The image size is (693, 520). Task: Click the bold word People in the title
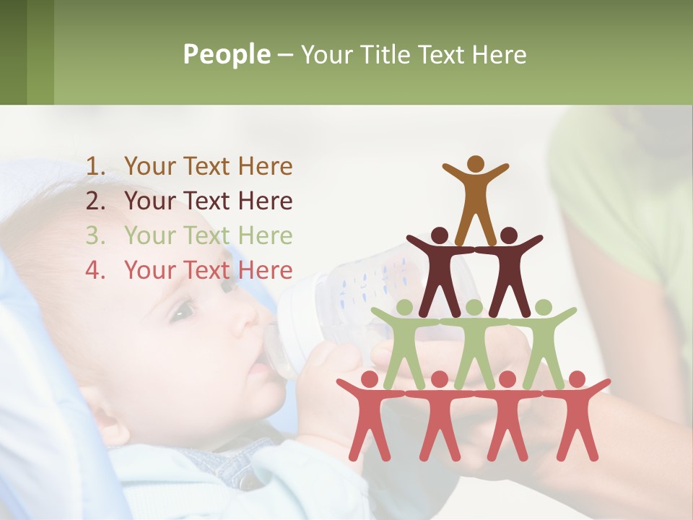(x=226, y=54)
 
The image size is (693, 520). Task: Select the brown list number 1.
(x=96, y=167)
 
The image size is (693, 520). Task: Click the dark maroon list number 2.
(x=96, y=201)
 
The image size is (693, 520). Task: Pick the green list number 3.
(x=96, y=236)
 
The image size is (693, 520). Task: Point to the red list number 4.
(x=96, y=271)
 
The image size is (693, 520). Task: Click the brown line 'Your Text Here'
(x=208, y=167)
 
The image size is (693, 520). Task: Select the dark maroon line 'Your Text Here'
(x=208, y=201)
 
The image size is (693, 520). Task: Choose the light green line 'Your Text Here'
(x=208, y=236)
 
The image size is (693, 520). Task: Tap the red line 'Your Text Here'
(x=208, y=271)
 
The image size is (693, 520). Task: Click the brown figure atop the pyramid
(x=475, y=195)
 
